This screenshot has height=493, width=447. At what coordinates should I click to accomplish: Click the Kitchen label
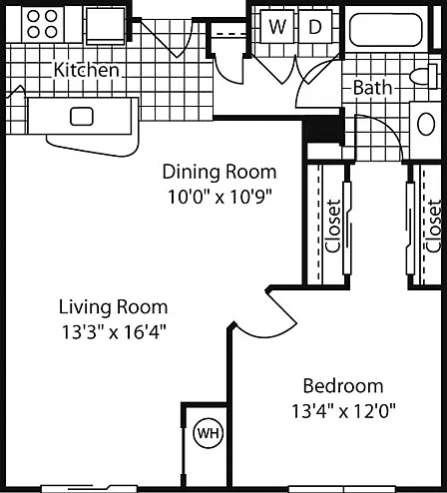[x=87, y=70]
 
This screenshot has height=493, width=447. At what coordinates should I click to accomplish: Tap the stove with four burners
[x=43, y=24]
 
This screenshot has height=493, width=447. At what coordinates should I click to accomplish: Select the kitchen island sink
[x=82, y=117]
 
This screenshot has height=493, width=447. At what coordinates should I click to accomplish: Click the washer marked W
[x=277, y=26]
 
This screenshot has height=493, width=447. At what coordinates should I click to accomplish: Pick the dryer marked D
[x=315, y=26]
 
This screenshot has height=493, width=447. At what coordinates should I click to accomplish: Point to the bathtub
[x=386, y=29]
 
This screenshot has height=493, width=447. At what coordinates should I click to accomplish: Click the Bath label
[x=372, y=88]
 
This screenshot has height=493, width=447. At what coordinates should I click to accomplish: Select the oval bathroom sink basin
[x=426, y=124]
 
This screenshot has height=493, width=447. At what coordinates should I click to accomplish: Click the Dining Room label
[x=220, y=172]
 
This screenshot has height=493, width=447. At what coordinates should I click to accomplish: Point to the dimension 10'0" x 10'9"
[x=221, y=197]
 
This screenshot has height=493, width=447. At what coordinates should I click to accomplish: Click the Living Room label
[x=113, y=307]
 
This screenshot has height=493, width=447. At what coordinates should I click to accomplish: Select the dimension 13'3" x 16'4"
[x=114, y=331]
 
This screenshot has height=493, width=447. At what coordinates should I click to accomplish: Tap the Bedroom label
[x=343, y=386]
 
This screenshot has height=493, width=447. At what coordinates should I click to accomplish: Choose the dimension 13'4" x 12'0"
[x=344, y=411]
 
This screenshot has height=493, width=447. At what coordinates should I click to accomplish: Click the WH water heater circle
[x=209, y=433]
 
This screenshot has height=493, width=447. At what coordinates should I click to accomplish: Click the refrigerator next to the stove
[x=106, y=26]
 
